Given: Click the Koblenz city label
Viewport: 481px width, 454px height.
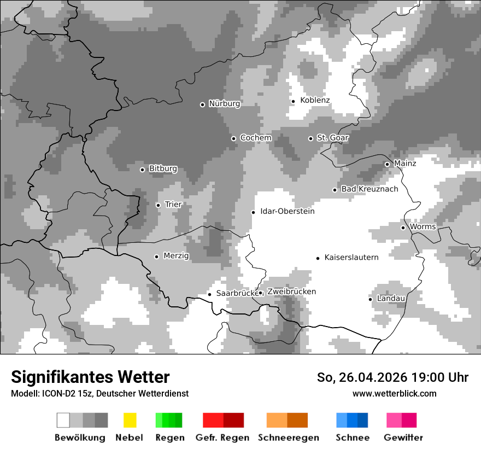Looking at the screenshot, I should [315, 100].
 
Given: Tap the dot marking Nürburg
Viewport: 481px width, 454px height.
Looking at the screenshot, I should [202, 104].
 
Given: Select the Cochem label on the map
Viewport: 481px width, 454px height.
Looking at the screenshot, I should [255, 138].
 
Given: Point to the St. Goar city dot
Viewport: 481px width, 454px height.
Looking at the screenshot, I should [310, 138].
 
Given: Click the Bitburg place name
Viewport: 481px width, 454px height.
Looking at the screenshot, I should [163, 169].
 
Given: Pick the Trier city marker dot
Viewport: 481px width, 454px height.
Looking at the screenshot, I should [158, 205].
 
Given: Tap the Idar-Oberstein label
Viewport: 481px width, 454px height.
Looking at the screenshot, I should [287, 211].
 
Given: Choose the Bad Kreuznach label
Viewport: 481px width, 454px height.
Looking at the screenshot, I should [369, 189].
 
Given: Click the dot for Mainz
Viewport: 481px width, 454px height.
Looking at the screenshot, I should [387, 164].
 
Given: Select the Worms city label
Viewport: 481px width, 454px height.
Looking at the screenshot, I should [423, 227].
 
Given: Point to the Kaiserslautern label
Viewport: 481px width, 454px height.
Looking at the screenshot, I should [351, 258].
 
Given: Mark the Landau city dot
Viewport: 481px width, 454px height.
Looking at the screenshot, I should [370, 299].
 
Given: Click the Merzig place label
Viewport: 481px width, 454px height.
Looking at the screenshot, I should [176, 256].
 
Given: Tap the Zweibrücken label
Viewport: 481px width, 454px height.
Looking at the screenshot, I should [291, 292].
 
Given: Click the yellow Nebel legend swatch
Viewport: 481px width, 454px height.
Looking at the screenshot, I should [130, 420].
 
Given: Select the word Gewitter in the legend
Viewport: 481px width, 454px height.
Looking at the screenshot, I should [403, 438].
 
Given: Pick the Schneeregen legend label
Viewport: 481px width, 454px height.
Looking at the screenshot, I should [288, 438].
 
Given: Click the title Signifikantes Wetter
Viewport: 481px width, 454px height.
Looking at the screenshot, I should [90, 377].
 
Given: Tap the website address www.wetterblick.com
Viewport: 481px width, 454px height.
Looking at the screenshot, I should [394, 393].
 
